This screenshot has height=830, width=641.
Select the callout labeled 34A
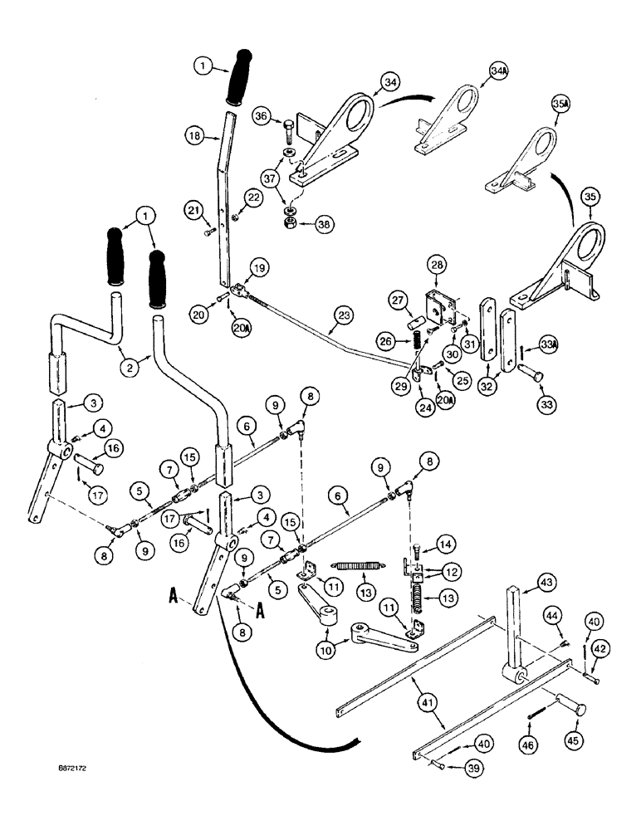point(498,74)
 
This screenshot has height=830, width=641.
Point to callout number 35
point(591,198)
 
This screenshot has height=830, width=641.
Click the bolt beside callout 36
point(289,131)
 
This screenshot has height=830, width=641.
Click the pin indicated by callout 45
point(563,705)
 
